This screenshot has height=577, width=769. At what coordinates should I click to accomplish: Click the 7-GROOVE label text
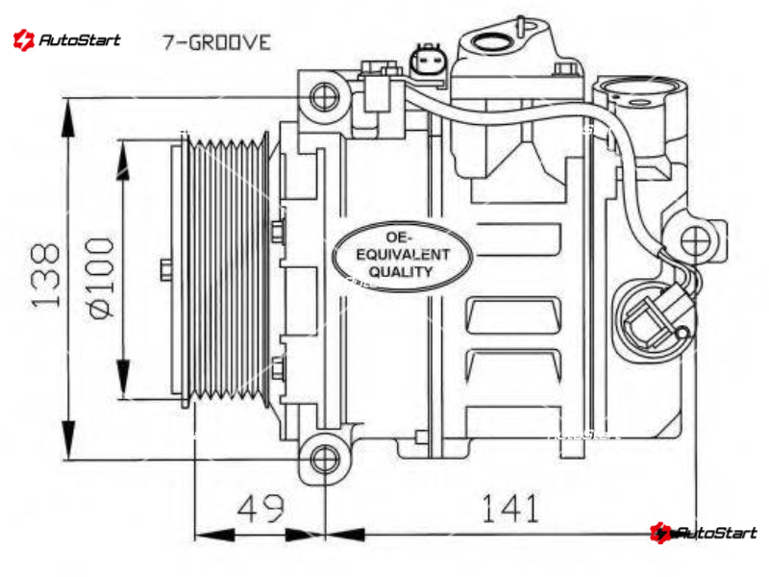click(x=216, y=42)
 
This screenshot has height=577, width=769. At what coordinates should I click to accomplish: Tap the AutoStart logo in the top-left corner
click(x=66, y=39)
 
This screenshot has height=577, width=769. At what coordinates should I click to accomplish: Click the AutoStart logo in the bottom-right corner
click(x=704, y=533)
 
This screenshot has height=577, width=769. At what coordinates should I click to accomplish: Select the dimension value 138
click(x=45, y=276)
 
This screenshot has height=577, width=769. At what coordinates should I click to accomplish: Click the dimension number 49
click(x=260, y=509)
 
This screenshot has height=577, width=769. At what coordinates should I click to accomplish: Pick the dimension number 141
click(x=510, y=508)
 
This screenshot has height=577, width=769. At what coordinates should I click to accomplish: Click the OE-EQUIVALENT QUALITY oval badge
click(x=402, y=256)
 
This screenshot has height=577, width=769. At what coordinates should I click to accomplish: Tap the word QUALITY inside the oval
click(x=401, y=271)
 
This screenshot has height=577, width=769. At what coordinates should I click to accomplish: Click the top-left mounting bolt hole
click(x=324, y=97)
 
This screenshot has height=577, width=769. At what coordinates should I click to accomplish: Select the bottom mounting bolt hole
click(x=325, y=460)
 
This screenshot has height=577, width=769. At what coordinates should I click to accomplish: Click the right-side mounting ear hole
click(x=695, y=241)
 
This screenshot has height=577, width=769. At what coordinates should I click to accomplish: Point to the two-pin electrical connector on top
click(x=427, y=61)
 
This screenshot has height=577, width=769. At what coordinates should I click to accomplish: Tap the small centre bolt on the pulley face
click(x=166, y=270)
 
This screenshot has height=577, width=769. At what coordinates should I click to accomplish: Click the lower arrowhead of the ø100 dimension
click(x=123, y=378)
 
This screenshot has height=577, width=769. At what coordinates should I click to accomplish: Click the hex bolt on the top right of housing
click(x=565, y=67)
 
